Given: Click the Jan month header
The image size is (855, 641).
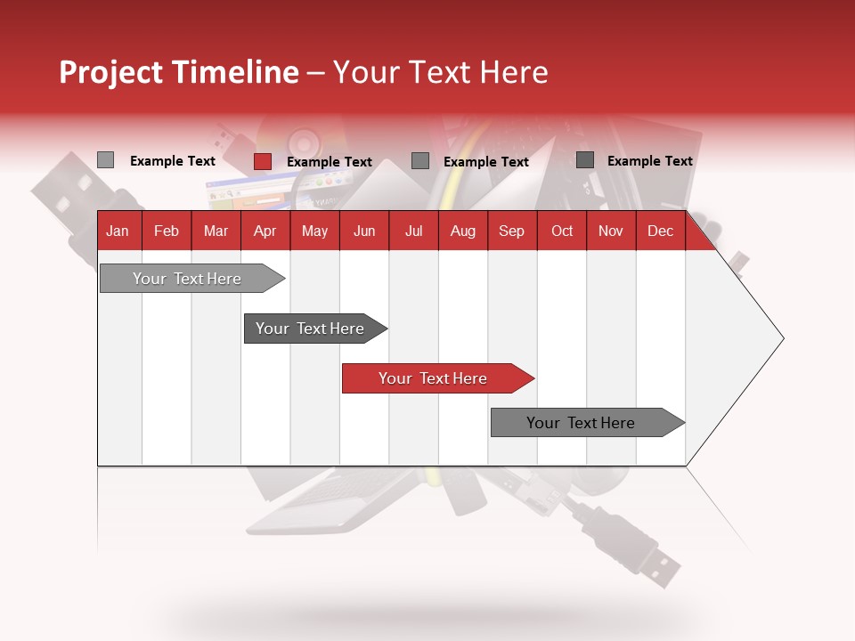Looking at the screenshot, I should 118,231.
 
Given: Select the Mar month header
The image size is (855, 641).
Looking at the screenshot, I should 216,231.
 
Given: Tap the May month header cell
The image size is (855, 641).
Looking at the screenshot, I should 314,231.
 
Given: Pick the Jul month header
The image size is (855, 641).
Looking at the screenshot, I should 413,231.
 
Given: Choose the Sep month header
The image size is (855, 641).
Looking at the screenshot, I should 511,231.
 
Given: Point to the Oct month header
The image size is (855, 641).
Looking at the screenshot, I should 562,231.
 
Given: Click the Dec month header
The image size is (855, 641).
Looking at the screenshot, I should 660,231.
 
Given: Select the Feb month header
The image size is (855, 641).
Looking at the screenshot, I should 167,231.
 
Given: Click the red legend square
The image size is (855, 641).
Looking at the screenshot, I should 262,161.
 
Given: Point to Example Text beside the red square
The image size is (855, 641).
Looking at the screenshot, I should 329,162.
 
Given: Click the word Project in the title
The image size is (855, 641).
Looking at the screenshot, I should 111,72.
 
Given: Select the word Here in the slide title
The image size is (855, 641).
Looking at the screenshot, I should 513,72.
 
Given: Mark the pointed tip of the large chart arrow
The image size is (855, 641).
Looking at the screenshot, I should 782,338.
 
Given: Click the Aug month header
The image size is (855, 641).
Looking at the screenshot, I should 462,231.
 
